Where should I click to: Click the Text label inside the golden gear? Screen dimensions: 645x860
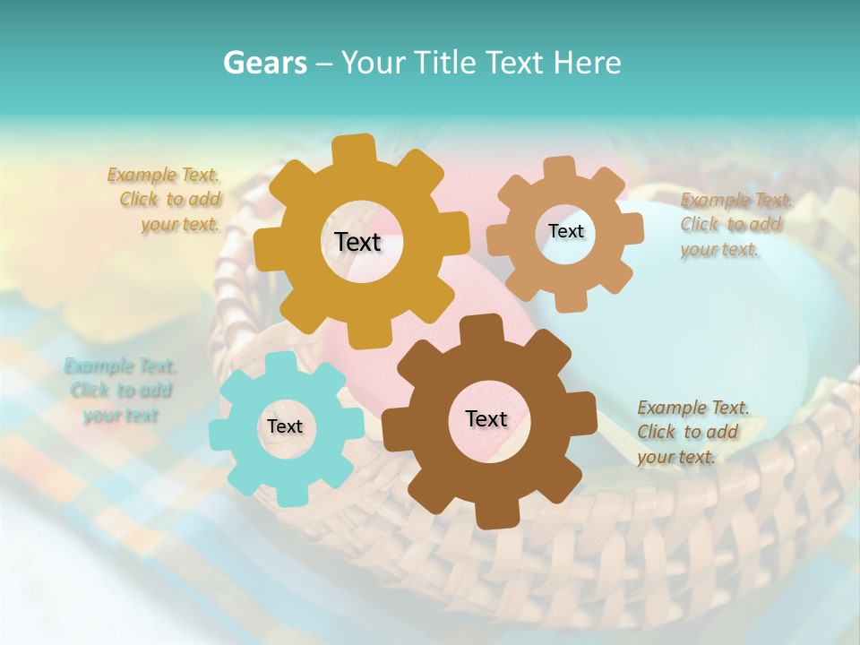tap(357, 242)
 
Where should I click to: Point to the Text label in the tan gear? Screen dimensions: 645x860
tap(565, 231)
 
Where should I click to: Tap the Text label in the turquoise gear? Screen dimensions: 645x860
tap(285, 426)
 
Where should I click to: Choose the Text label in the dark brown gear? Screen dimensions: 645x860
tap(486, 418)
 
